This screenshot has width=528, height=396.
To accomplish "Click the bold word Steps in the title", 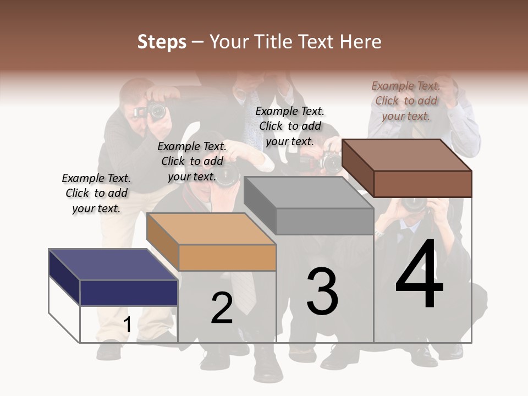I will [162, 42].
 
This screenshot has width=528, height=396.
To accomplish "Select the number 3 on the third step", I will [322, 291].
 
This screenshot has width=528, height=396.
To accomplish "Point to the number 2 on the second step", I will [222, 308].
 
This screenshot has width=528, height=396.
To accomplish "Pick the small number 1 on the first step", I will [127, 325].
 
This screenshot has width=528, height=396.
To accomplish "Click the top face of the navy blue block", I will [113, 265].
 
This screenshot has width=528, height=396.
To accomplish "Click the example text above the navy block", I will [96, 193].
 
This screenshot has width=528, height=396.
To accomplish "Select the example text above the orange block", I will [192, 161].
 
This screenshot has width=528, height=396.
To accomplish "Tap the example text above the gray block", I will [290, 126].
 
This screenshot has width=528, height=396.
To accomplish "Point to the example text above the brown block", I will [406, 101].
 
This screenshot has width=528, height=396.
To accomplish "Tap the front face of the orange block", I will [227, 257].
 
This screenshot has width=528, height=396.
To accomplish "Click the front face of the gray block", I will [324, 222].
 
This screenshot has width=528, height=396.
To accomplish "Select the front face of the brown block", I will [422, 184].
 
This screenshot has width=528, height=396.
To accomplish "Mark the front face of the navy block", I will [129, 293].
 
